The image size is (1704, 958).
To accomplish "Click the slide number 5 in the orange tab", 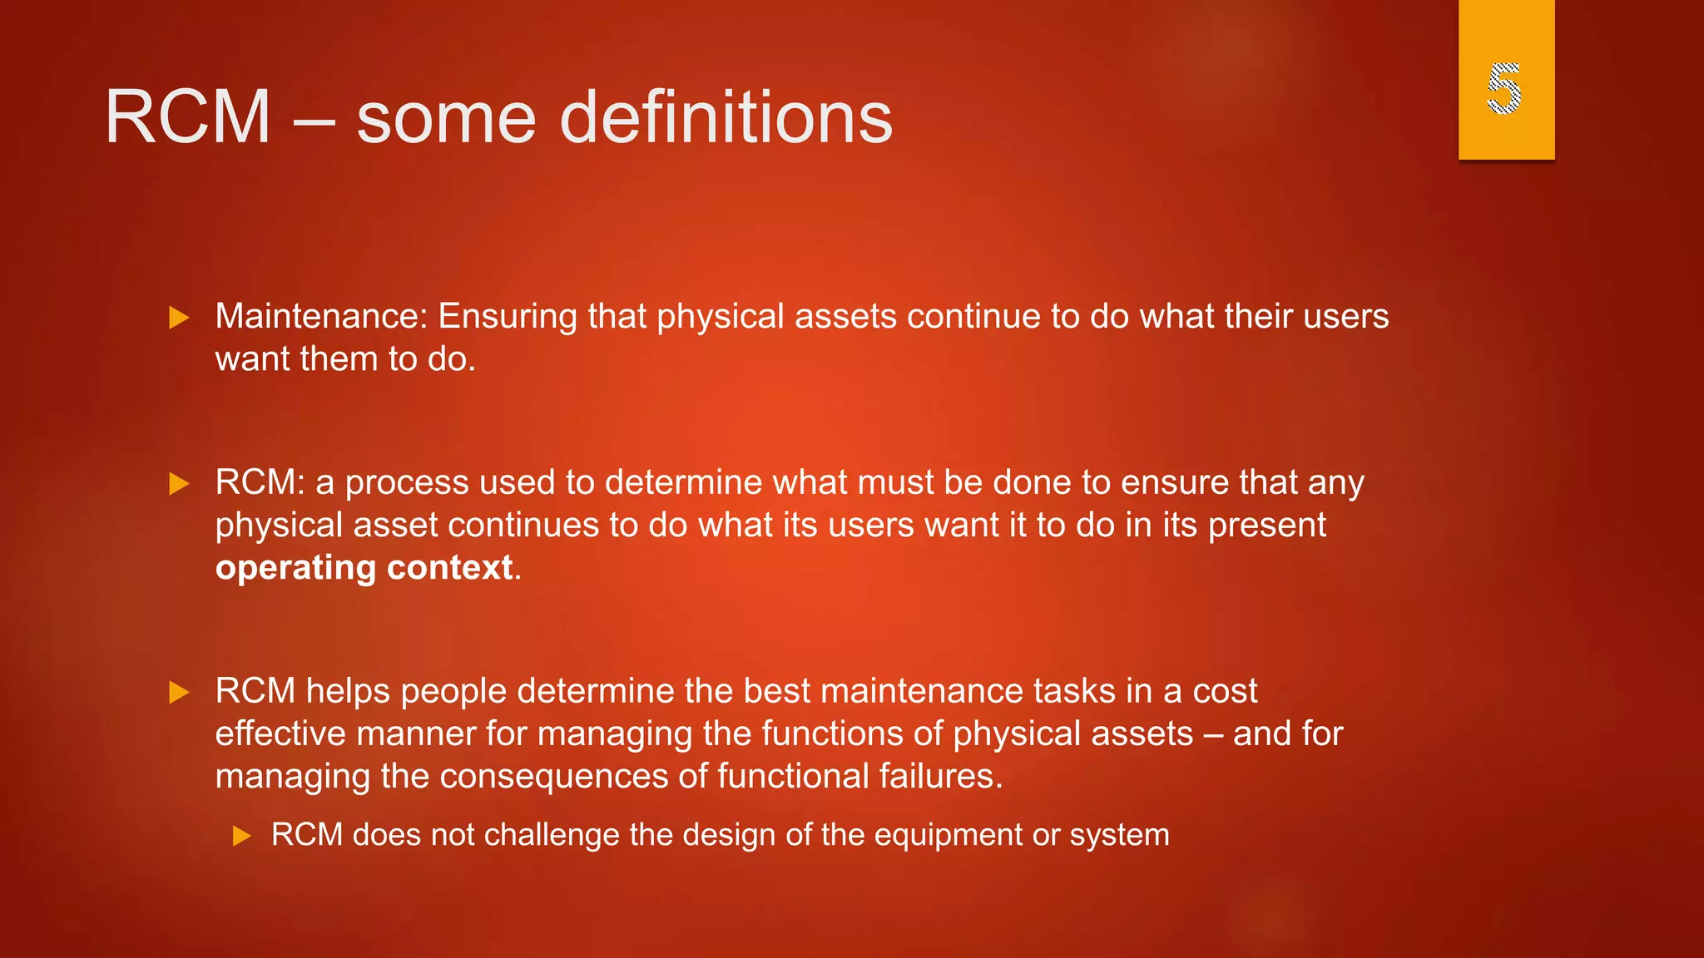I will tap(1504, 88).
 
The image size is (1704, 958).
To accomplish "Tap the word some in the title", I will tap(446, 119).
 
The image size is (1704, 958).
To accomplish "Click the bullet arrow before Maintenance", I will tap(179, 318).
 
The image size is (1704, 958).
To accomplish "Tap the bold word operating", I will tap(295, 569).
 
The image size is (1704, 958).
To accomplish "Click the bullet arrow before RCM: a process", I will tap(179, 484).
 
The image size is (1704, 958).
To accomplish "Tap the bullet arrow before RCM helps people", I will tap(179, 693).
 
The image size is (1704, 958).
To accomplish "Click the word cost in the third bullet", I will tap(1225, 692).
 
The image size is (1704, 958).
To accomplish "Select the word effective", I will tap(280, 734).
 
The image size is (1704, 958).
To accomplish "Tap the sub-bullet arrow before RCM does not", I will tap(242, 836).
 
